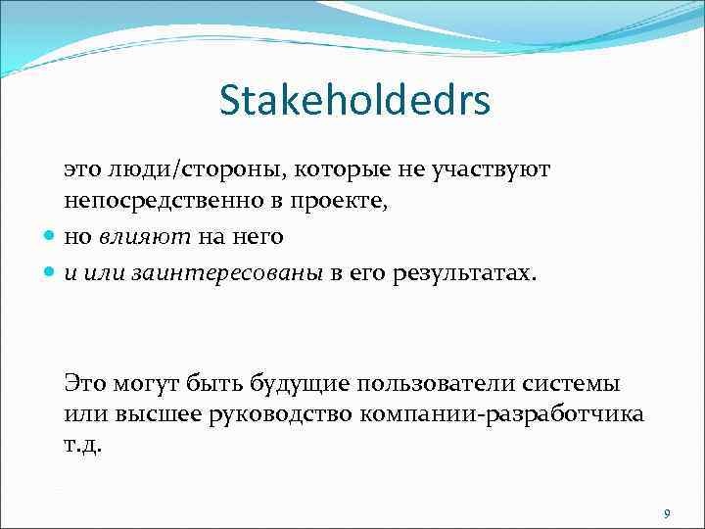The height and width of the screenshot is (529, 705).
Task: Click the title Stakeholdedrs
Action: [354, 101]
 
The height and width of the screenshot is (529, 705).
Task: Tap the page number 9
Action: [667, 513]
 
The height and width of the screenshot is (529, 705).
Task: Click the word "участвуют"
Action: [495, 169]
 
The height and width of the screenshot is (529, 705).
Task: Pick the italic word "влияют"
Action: [134, 236]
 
